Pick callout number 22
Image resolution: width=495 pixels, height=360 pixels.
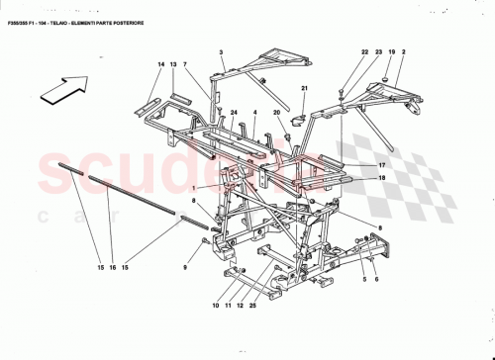tap(363, 50)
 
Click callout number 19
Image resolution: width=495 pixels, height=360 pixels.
tap(391, 50)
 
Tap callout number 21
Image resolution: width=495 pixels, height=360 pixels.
tap(306, 90)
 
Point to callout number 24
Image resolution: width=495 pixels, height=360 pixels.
tap(235, 114)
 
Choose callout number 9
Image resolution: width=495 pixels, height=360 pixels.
tap(184, 267)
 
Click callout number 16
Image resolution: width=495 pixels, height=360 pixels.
tap(111, 267)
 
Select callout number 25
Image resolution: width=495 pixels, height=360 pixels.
tap(253, 306)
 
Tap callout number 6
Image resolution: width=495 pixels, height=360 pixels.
tap(376, 280)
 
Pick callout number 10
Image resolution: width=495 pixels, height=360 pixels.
tap(215, 306)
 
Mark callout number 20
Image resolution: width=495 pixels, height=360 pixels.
tap(278, 113)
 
